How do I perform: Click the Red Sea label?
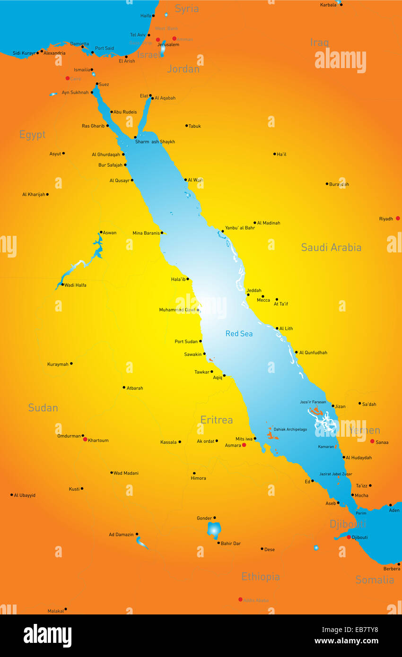click(239, 334)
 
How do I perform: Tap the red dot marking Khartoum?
click(85, 439)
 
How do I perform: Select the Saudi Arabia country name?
click(331, 247)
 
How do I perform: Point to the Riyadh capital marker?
click(398, 218)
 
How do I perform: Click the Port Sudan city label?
click(186, 342)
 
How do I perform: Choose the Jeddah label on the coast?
click(254, 291)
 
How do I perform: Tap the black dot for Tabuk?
click(186, 126)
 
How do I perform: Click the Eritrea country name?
click(217, 420)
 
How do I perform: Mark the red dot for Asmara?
click(244, 445)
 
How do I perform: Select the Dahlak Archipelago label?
click(290, 430)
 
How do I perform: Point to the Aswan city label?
click(110, 233)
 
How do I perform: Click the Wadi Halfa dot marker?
click(62, 285)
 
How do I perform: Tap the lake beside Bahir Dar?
click(214, 530)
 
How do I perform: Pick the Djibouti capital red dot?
click(349, 537)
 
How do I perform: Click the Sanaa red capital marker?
click(372, 441)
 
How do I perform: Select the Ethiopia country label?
click(261, 577)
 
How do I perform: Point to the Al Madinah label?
click(269, 223)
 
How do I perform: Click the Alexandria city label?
click(54, 53)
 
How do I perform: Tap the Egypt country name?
click(32, 135)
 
